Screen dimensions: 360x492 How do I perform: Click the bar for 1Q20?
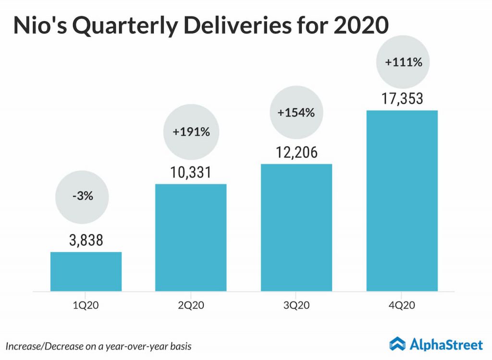pyautogui.click(x=86, y=271)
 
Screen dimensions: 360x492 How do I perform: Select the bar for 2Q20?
pyautogui.click(x=191, y=237)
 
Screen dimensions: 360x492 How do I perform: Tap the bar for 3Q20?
pyautogui.click(x=296, y=228)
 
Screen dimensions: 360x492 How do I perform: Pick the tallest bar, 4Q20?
pyautogui.click(x=402, y=201)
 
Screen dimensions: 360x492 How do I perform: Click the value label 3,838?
pyautogui.click(x=86, y=240)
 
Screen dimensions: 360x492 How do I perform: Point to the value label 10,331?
pyautogui.click(x=191, y=172)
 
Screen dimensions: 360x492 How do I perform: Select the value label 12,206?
pyautogui.click(x=296, y=153)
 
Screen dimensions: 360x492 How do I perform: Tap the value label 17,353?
pyautogui.click(x=402, y=99)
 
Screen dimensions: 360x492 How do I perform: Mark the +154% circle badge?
pyautogui.click(x=296, y=112)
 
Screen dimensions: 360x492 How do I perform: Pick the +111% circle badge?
pyautogui.click(x=403, y=62)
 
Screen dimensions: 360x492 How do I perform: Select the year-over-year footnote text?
pyautogui.click(x=101, y=346)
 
